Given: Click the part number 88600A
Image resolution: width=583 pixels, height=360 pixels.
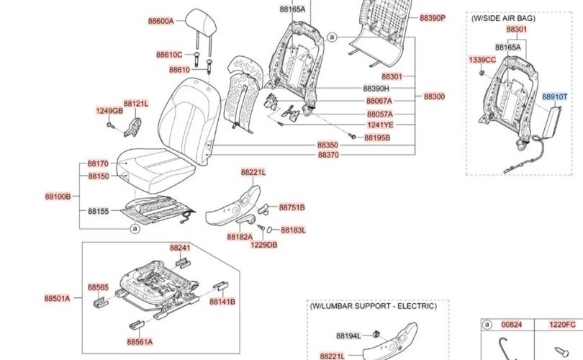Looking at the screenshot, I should click(161, 22).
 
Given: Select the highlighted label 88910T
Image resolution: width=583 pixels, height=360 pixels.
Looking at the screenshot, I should click(554, 96).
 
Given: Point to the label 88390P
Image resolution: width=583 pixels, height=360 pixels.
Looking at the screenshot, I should click(433, 17).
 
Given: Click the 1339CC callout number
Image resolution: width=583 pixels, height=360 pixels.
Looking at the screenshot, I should click(482, 59).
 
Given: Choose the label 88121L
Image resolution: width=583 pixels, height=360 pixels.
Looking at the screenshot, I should click(135, 104).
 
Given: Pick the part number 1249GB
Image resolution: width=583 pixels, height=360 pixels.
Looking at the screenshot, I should click(109, 111).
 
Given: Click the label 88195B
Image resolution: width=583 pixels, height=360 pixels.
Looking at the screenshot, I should click(376, 138).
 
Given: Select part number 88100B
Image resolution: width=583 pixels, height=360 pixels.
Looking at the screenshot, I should click(58, 196).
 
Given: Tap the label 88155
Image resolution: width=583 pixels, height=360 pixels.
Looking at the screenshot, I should click(98, 211).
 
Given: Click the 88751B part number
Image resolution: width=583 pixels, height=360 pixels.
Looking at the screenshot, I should click(291, 207).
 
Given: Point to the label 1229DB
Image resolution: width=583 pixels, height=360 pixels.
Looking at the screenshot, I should click(263, 245).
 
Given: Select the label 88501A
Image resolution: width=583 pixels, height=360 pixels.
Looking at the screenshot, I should click(57, 298).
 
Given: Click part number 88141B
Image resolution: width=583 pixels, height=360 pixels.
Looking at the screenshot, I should click(222, 302).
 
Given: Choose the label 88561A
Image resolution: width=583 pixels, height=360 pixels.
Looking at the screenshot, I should click(140, 342).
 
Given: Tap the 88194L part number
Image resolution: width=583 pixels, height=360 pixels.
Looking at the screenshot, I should click(349, 336).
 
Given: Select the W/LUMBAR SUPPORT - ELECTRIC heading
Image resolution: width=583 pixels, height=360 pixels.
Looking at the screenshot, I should click(373, 306).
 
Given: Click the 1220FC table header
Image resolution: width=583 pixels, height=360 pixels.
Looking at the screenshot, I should click(563, 325).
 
